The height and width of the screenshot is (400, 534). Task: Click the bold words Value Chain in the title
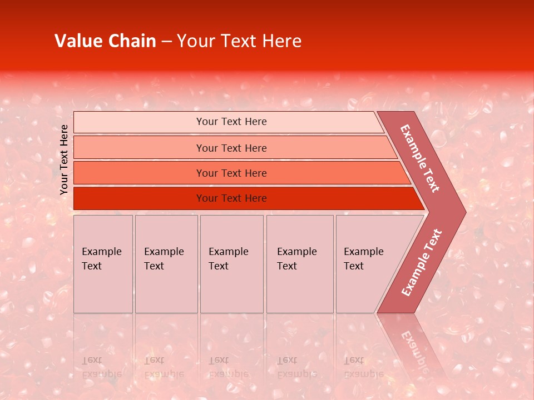[105, 41]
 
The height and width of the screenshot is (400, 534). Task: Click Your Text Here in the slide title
[239, 41]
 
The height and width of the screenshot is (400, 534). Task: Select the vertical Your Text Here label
[64, 159]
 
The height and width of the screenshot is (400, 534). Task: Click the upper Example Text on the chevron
[420, 158]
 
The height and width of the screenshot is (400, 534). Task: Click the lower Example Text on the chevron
[421, 263]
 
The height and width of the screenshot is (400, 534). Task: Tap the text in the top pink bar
[231, 122]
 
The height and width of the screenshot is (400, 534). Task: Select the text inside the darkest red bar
[231, 198]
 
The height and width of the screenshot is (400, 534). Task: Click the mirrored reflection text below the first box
[101, 367]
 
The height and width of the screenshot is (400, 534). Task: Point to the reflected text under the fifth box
[363, 367]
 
